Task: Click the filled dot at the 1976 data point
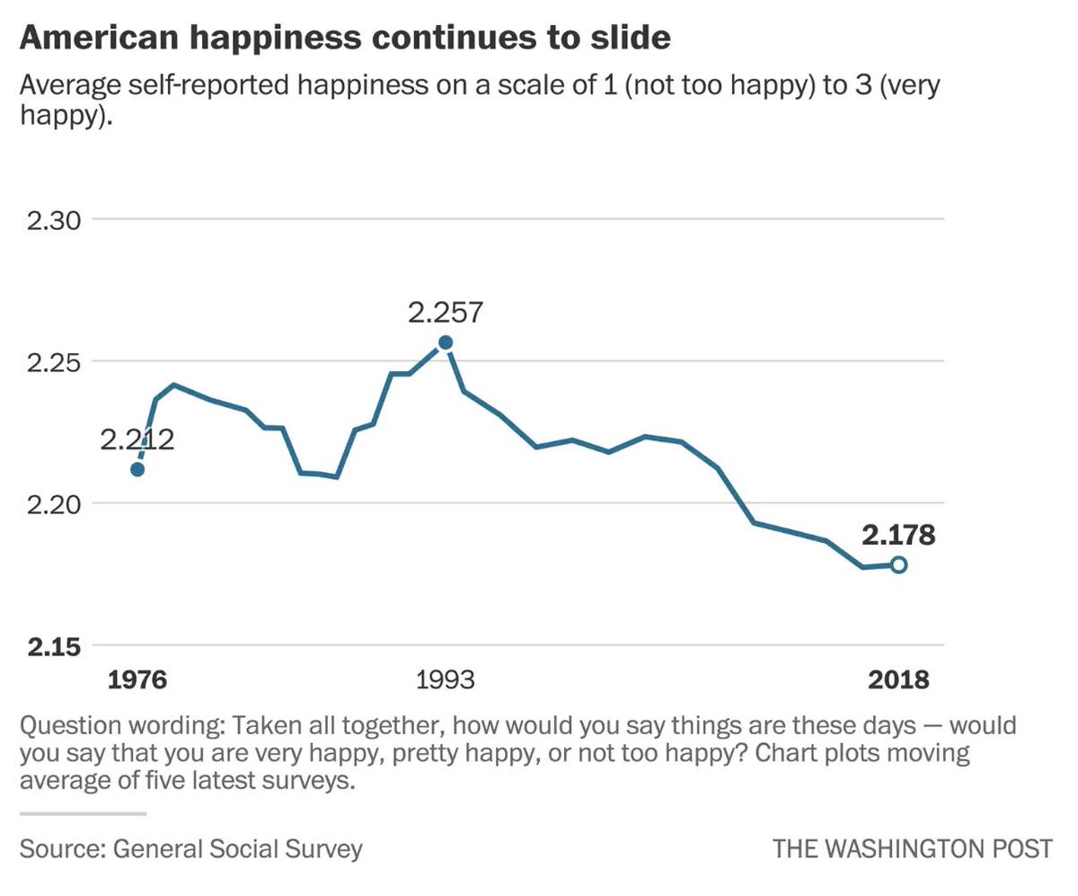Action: (137, 469)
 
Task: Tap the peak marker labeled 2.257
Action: (445, 342)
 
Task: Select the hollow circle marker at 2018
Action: (897, 564)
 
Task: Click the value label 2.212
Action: (137, 440)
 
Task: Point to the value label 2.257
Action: (446, 313)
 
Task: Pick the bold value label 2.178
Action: (898, 536)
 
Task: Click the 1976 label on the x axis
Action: (137, 679)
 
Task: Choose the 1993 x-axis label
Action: (446, 679)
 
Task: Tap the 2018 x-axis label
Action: (898, 679)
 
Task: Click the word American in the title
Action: (97, 39)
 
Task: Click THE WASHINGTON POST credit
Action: (912, 848)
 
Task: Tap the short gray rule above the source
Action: (82, 814)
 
